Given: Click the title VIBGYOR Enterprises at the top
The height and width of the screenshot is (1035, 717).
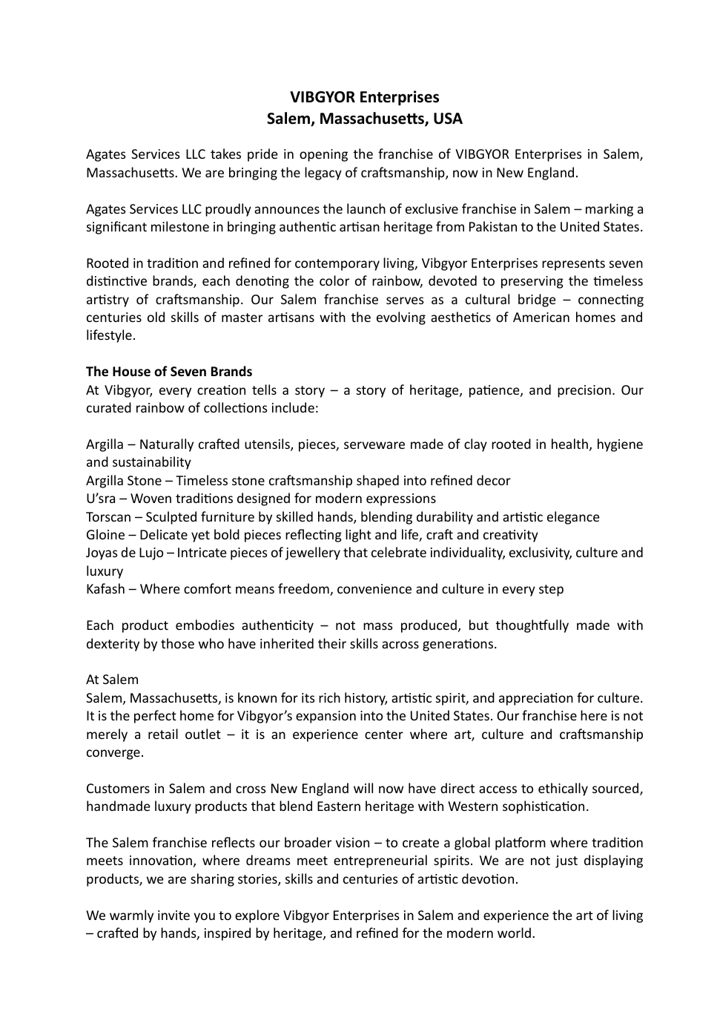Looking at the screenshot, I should [x=364, y=97].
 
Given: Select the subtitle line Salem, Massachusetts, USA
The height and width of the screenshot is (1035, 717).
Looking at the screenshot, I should [x=364, y=119].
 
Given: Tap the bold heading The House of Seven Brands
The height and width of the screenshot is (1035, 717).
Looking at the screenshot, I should [x=169, y=372].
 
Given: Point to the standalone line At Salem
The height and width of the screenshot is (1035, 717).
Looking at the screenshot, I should [x=112, y=680].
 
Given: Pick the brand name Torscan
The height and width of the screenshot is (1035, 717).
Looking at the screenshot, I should [x=108, y=517].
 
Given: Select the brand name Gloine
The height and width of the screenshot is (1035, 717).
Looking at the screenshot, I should [x=105, y=535].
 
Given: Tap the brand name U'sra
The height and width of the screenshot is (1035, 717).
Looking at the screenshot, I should [x=101, y=499].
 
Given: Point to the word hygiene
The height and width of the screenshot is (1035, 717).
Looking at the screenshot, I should [x=619, y=444].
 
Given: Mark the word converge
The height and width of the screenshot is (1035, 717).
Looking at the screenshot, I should [x=114, y=752].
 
